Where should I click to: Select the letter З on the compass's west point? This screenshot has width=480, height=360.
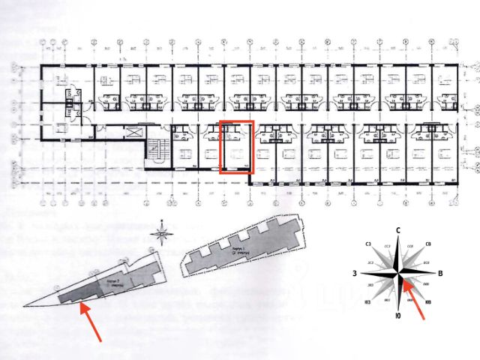point(353,274)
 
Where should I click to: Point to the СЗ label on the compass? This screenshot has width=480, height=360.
point(368,244)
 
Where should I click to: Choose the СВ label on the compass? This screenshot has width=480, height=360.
point(427,244)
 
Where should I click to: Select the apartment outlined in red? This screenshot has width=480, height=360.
point(238,146)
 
